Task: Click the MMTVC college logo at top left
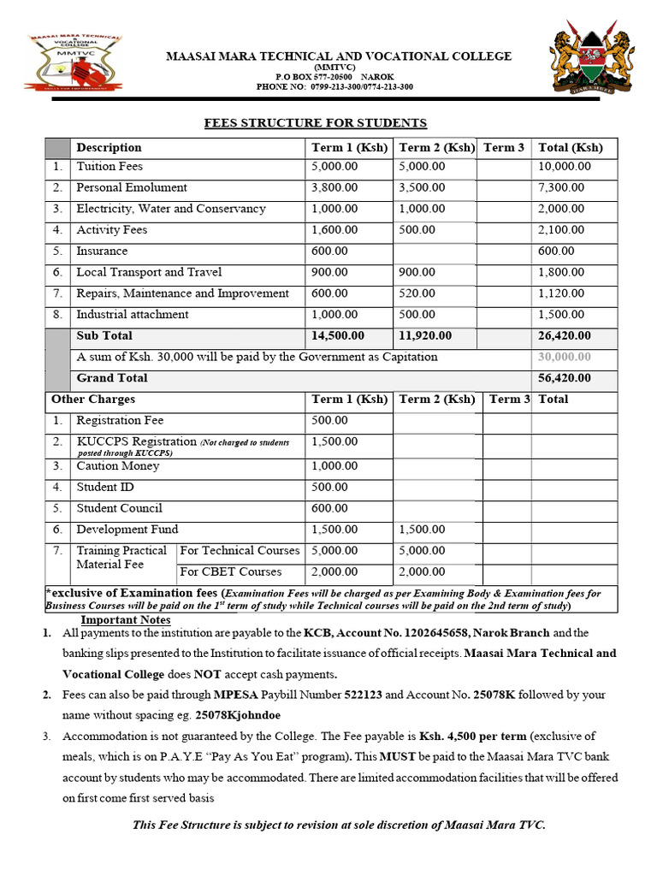tap(73, 62)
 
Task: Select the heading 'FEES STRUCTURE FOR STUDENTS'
tap(315, 123)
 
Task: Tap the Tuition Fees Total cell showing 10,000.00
tap(561, 167)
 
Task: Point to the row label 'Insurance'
tap(102, 252)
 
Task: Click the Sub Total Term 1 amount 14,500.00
tap(338, 335)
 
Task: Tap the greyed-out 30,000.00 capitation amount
tap(565, 357)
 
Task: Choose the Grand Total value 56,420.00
tap(565, 378)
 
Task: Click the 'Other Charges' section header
tap(93, 400)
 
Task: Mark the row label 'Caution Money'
tap(118, 466)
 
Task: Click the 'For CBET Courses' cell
tap(230, 571)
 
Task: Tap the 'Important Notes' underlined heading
tap(125, 620)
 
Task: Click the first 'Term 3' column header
tap(504, 147)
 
